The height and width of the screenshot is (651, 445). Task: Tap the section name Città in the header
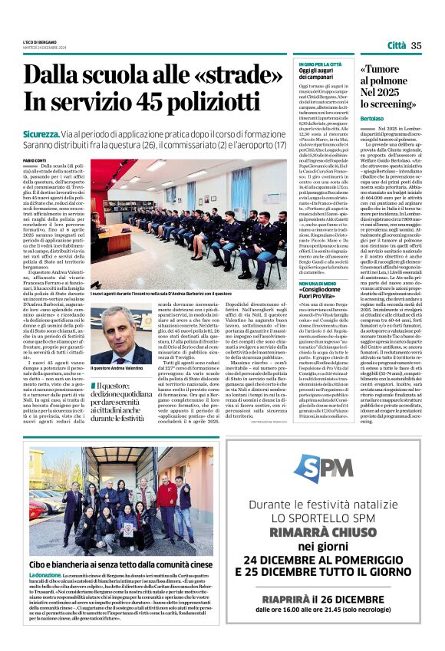(x=397, y=46)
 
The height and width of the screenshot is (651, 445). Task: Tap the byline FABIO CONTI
(x=35, y=159)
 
